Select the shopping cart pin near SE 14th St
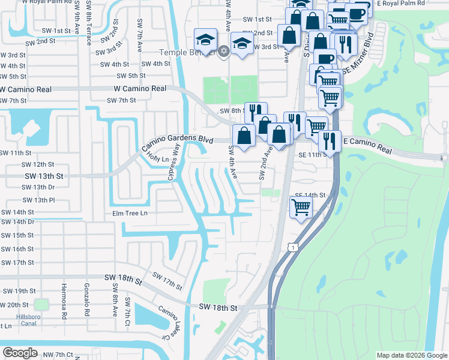point(300,208)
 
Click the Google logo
point(20,352)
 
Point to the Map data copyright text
point(412,355)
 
